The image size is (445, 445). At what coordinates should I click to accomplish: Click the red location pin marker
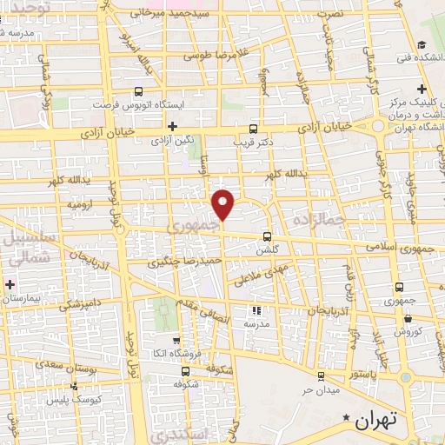[x=223, y=203]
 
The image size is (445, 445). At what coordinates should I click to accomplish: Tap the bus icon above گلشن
[x=267, y=236]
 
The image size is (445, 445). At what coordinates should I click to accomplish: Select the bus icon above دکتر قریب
[x=253, y=125]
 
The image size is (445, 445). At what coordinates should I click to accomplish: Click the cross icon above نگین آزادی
[x=172, y=126]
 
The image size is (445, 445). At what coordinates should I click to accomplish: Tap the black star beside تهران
[x=349, y=420]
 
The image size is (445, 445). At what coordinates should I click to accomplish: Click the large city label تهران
[x=376, y=420]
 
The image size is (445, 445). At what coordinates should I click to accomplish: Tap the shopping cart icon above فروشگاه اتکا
[x=176, y=341]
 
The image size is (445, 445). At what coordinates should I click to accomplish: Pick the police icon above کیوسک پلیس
[x=74, y=385]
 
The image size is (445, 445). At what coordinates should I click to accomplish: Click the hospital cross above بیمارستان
[x=10, y=284]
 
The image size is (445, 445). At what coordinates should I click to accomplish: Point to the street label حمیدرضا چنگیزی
[x=186, y=260]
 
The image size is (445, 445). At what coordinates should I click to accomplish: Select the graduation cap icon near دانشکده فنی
[x=421, y=46]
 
